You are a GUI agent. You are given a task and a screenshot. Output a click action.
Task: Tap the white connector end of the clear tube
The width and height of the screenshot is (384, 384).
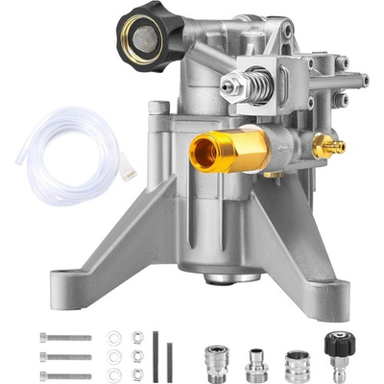[x=127, y=172]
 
